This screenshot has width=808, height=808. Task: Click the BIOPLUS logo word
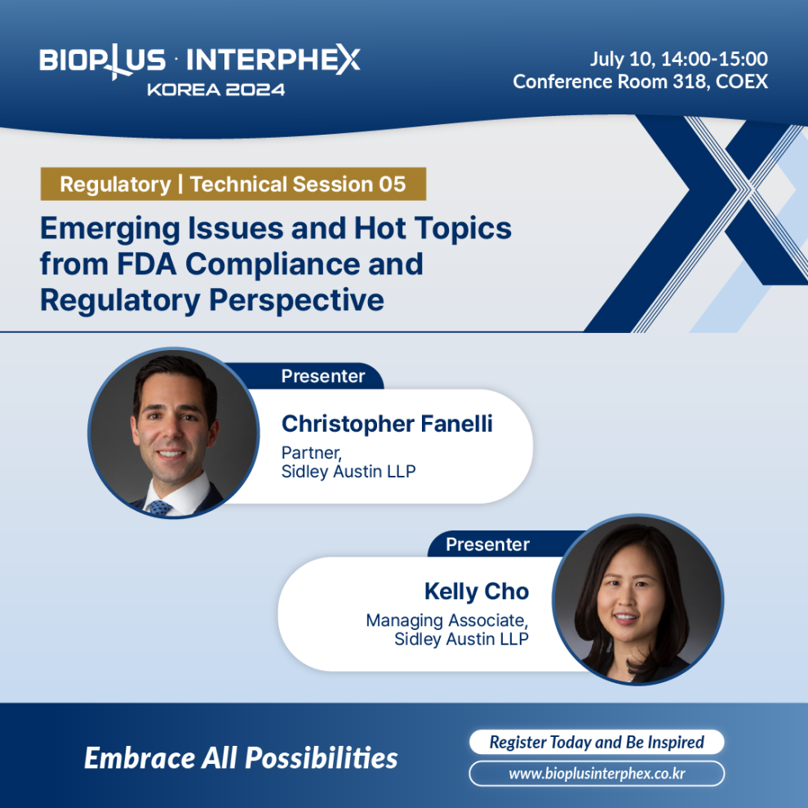coord(102,61)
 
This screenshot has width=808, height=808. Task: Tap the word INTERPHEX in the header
coord(273,60)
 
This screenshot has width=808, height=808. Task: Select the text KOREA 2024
coord(216,90)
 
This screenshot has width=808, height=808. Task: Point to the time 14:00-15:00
coord(714,59)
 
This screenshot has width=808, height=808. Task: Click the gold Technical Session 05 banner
coord(233,184)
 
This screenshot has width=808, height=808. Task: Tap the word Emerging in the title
coord(110,229)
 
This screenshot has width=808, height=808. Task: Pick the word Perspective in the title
coord(296,300)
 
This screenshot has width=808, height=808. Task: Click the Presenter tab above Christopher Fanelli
coord(323,376)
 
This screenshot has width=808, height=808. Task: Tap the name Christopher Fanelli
coord(387,424)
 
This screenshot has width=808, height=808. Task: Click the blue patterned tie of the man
coord(160,508)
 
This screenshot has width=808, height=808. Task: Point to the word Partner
coord(311,452)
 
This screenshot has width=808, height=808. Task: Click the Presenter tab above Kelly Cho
coord(487,544)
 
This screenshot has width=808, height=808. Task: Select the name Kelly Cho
coord(477,592)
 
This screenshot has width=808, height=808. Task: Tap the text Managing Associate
coord(447,620)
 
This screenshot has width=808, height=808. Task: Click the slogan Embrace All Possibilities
coord(241,758)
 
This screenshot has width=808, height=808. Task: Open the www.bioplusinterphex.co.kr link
coord(597,774)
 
